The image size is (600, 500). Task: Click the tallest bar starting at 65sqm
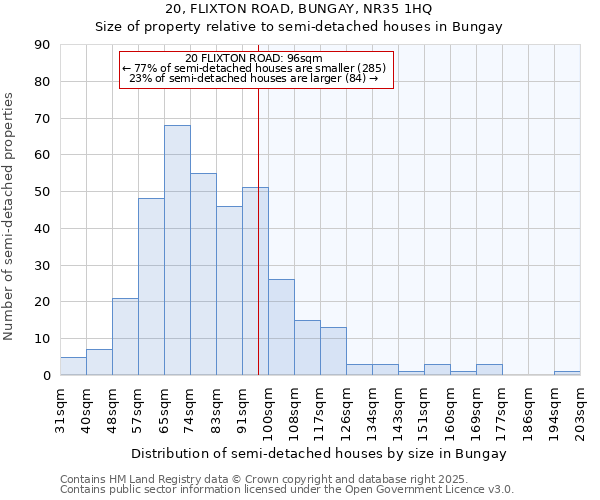coord(177,250)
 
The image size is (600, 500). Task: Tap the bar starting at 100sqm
coord(281,327)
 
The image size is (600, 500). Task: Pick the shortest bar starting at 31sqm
coord(73,366)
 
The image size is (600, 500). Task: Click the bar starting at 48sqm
coord(125,336)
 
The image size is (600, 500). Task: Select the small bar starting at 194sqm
coord(567,373)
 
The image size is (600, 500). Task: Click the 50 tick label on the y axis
coord(45,192)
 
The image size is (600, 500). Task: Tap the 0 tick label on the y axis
coord(48,375)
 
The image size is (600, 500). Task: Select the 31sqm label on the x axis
coord(60,407)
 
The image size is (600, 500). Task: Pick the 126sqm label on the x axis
coord(346,410)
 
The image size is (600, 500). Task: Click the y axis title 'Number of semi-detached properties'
coord(9,215)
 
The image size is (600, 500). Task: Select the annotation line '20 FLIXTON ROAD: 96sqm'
coord(254,58)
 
